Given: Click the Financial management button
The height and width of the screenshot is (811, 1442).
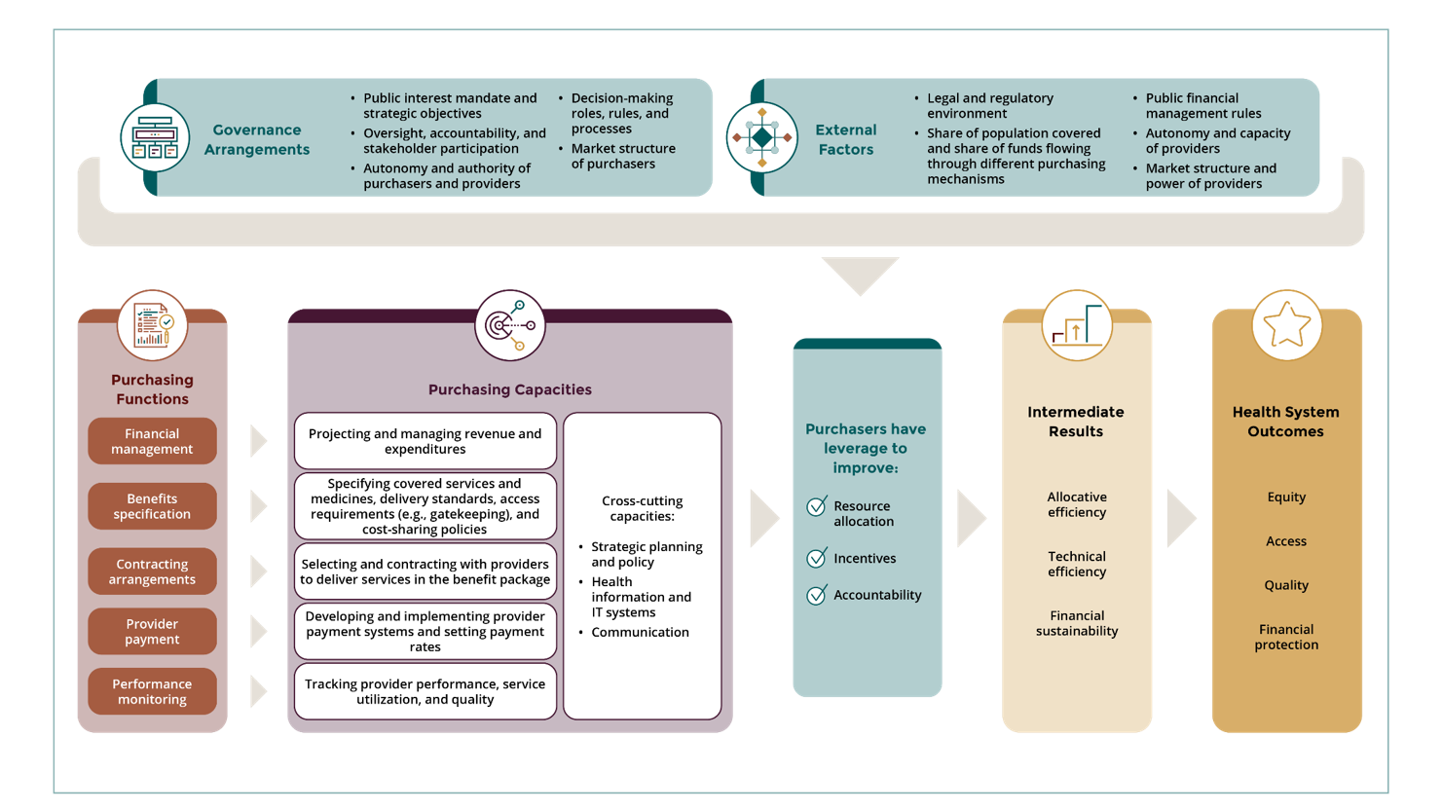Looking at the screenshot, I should (152, 441).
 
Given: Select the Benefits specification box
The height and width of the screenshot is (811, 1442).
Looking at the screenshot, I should (152, 506).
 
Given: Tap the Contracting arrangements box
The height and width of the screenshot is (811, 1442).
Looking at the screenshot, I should (152, 571).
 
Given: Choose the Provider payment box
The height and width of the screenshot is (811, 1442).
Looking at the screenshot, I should (152, 632).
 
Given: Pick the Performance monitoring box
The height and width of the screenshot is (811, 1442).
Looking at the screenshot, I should (152, 691).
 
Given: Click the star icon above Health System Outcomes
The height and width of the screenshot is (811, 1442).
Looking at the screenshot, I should (1286, 325).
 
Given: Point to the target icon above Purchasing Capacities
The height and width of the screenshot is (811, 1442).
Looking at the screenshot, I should (510, 325).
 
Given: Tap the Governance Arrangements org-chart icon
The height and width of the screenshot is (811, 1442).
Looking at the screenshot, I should (155, 137).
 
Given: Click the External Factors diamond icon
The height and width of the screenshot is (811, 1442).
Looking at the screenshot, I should (762, 137).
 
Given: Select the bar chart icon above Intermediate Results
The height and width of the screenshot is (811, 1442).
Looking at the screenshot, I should (1077, 325).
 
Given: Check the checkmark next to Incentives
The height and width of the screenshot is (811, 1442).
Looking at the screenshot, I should (817, 558).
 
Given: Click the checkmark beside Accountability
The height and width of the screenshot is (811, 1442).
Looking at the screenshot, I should (817, 595).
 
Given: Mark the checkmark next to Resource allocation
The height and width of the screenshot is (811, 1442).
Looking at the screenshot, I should (817, 506).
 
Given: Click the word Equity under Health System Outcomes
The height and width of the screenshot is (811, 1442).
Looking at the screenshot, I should (1286, 498).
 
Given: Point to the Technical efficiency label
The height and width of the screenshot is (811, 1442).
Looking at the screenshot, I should (1077, 564).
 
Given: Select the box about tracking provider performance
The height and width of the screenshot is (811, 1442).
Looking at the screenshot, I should (425, 691).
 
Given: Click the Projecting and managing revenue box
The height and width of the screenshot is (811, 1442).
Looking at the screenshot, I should (425, 441).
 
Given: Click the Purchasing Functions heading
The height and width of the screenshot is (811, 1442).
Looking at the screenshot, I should (152, 389).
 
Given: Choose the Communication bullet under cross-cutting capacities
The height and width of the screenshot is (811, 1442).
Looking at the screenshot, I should (640, 632).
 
